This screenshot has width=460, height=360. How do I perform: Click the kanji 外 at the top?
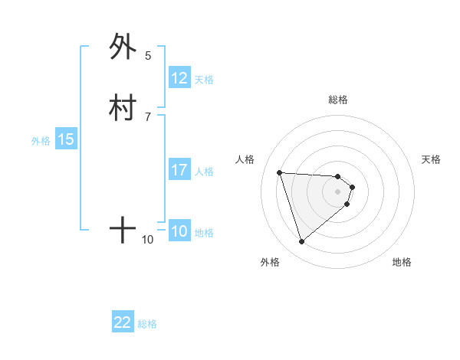[x=123, y=47]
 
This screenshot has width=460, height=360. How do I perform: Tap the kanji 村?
[x=123, y=108]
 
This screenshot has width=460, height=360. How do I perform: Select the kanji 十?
[x=123, y=230]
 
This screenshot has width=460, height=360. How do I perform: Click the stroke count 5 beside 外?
[x=148, y=56]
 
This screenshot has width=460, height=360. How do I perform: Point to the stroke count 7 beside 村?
[x=148, y=116]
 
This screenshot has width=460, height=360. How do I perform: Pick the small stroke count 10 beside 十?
[x=148, y=240]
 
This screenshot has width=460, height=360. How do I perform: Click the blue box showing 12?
[x=179, y=78]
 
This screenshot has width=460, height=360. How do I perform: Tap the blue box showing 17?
[x=179, y=170]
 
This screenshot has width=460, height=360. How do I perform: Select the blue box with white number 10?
[x=179, y=231]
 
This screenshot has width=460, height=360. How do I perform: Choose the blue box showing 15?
[x=66, y=139]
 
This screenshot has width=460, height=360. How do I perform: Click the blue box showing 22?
[x=123, y=322]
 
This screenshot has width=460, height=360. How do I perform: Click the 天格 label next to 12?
[x=204, y=80]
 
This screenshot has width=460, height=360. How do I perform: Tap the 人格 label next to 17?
[x=205, y=172]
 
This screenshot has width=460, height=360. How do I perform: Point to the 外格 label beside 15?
[x=41, y=141]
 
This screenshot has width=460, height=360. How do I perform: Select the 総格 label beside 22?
[x=147, y=324]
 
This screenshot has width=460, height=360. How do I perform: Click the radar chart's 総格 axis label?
[x=337, y=100]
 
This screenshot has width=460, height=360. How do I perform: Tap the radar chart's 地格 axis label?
[x=402, y=262]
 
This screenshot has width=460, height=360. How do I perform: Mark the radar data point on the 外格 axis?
[x=302, y=242]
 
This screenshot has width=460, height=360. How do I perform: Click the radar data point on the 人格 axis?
[x=280, y=172]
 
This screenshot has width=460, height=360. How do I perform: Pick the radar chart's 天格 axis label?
[x=432, y=159]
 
